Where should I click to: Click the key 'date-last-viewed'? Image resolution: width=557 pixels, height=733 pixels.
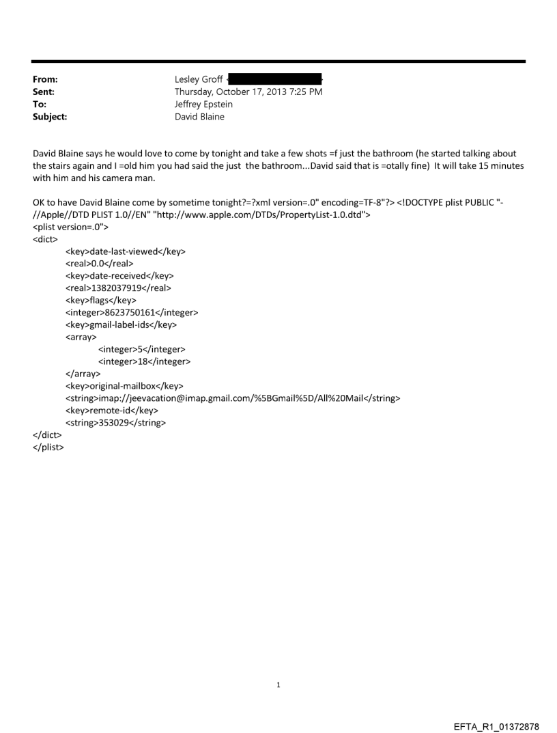click(125, 251)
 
